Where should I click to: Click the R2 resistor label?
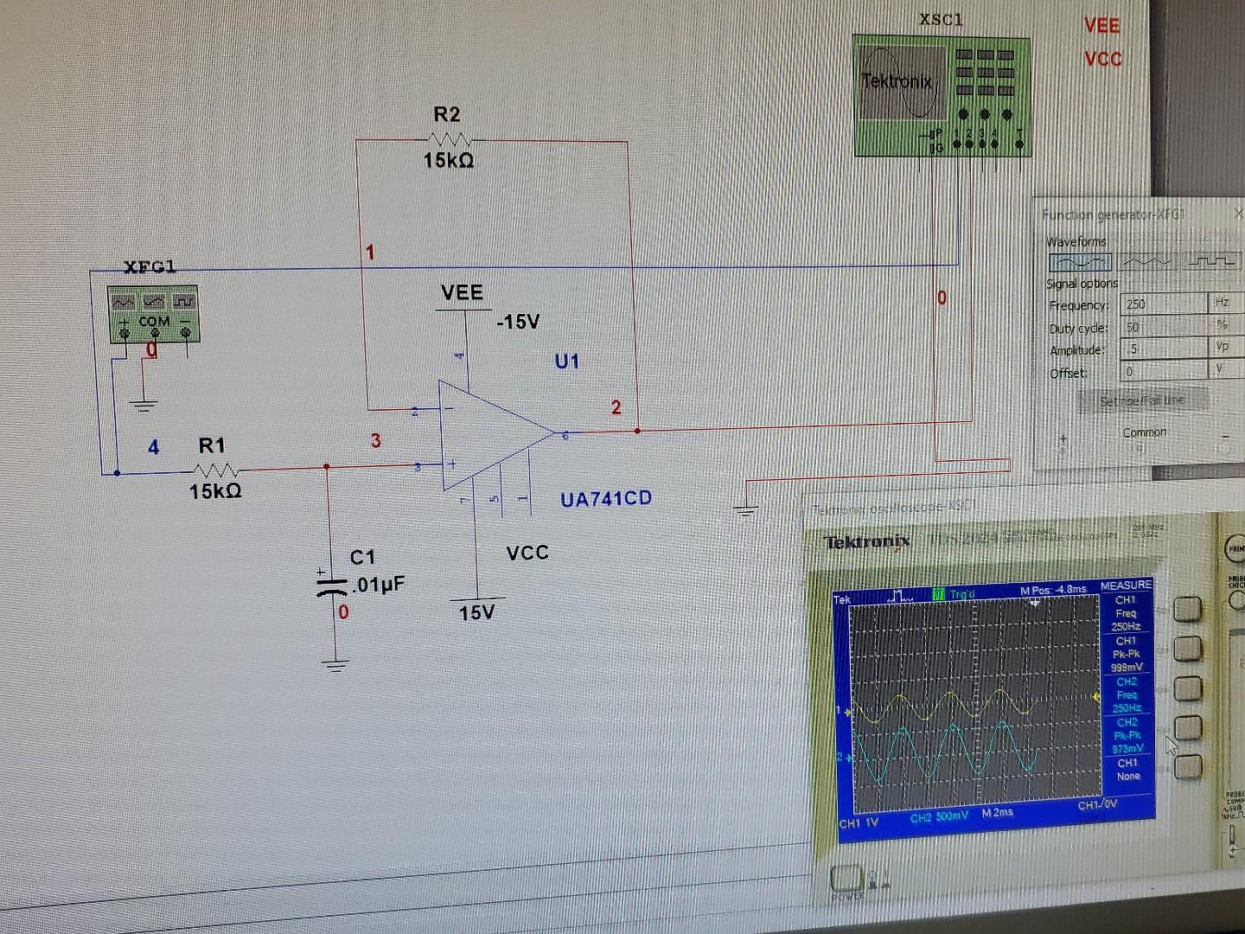[447, 114]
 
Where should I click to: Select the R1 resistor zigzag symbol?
[216, 470]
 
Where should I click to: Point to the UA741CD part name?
[605, 499]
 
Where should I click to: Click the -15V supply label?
[518, 322]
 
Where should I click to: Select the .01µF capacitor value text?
[378, 585]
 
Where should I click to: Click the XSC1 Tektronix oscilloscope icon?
[941, 95]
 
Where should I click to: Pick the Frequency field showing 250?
[1163, 304]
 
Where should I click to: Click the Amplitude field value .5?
[1163, 349]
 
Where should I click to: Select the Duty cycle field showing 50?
[1163, 327]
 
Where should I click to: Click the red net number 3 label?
[376, 441]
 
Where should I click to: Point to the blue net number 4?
[153, 447]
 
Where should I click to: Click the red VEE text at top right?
[1101, 26]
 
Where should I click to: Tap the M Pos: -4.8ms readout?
[1053, 590]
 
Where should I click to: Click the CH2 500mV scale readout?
[939, 816]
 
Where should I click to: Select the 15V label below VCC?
[476, 613]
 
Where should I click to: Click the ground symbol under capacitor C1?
[335, 665]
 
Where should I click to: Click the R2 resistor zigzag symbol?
[450, 139]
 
